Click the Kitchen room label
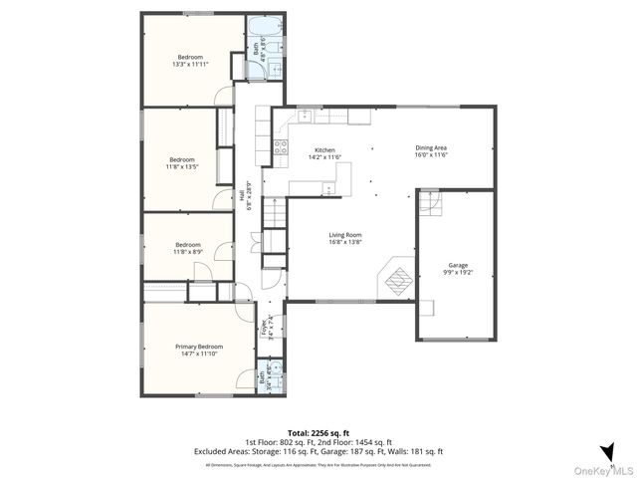click(298, 149)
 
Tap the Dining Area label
click(432, 148)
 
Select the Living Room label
click(346, 235)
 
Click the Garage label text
click(458, 265)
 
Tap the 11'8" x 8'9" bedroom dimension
click(188, 252)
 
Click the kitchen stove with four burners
click(281, 148)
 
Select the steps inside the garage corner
click(428, 203)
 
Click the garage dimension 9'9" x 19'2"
click(458, 273)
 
